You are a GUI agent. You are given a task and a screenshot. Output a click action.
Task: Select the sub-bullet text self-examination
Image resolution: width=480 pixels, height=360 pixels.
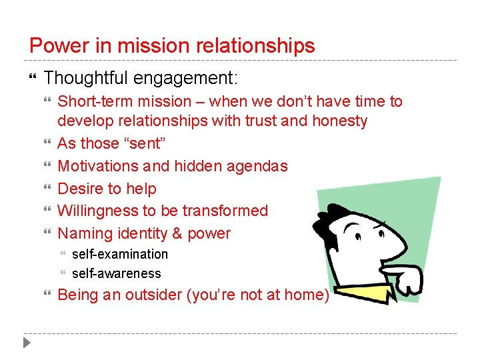(120, 254)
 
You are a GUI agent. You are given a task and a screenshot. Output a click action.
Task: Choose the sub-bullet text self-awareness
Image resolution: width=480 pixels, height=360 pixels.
(117, 273)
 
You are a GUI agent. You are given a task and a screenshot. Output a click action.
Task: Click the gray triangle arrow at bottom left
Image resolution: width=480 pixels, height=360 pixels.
(26, 344)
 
